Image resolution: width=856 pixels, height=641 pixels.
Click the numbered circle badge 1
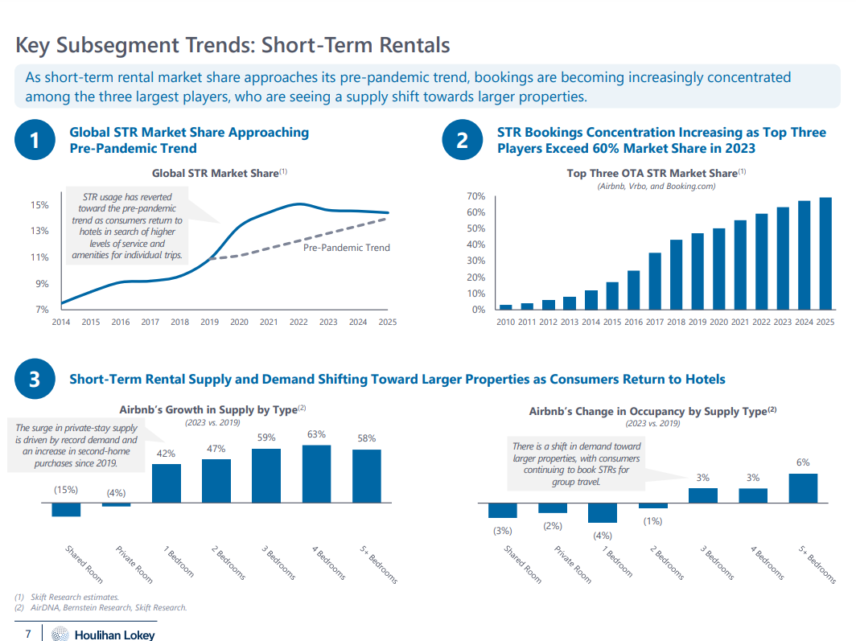point(35,141)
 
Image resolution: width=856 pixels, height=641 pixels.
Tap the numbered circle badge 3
point(35,380)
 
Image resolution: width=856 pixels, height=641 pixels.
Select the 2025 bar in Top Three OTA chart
point(825,253)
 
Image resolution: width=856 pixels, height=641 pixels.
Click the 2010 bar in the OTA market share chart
point(505,307)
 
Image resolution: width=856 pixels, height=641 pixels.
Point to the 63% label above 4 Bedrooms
point(316,434)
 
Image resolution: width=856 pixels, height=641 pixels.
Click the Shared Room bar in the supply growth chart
point(66,509)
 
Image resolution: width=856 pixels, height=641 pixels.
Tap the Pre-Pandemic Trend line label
point(346,248)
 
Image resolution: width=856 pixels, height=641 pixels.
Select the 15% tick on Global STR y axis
point(39,205)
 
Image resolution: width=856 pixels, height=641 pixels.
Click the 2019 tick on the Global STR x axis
point(209,323)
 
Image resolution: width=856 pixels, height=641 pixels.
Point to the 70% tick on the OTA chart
point(475,196)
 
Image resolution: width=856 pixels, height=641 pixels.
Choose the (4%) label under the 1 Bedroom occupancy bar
point(603,536)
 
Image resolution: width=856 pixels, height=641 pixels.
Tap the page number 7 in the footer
point(28,635)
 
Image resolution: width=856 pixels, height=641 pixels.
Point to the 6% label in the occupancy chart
point(803,462)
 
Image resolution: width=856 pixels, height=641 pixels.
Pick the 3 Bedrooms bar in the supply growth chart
point(266,475)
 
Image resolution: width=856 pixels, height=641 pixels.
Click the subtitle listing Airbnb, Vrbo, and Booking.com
point(656,187)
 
